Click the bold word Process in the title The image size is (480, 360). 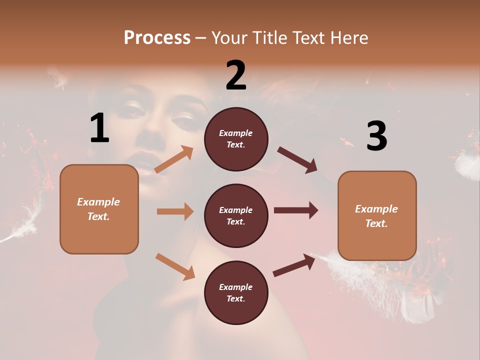[157, 37]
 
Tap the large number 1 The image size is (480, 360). [99, 128]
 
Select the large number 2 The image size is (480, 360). [236, 75]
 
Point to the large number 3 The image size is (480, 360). [376, 136]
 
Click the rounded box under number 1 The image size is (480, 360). [99, 209]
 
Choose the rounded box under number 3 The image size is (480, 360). [377, 215]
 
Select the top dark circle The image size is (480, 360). [236, 139]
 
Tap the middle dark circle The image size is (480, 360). [236, 215]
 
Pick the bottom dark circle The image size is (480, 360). [236, 292]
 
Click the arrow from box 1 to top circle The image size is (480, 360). [174, 159]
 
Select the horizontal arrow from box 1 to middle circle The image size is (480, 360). [175, 211]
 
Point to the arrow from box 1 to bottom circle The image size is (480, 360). [175, 266]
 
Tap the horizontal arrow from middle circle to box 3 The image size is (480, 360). [296, 210]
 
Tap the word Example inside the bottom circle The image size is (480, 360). [236, 287]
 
